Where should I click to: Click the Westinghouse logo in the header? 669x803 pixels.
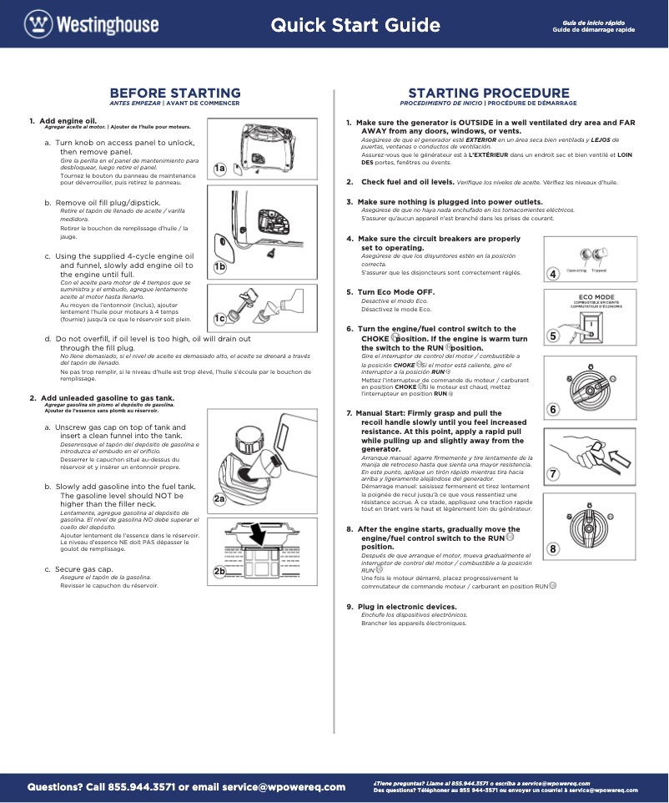[x=91, y=24]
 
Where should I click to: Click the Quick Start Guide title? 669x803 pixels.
[x=355, y=25]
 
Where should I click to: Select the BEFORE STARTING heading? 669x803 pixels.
[x=175, y=93]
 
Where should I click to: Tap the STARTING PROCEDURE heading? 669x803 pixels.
[x=488, y=93]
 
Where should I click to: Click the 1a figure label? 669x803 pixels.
[x=219, y=169]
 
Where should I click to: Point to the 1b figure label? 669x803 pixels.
[x=219, y=267]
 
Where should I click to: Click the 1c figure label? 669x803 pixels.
[x=219, y=318]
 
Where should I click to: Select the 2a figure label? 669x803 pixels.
[x=219, y=499]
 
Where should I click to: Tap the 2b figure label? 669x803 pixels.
[x=219, y=571]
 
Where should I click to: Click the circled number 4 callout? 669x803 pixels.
[x=553, y=274]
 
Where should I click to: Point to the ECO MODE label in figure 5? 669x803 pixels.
[x=596, y=297]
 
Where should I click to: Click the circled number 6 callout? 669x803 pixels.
[x=553, y=409]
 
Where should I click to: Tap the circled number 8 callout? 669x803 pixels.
[x=553, y=548]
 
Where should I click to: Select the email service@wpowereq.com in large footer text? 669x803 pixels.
[x=284, y=786]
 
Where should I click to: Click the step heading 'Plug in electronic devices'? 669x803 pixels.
[x=407, y=606]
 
